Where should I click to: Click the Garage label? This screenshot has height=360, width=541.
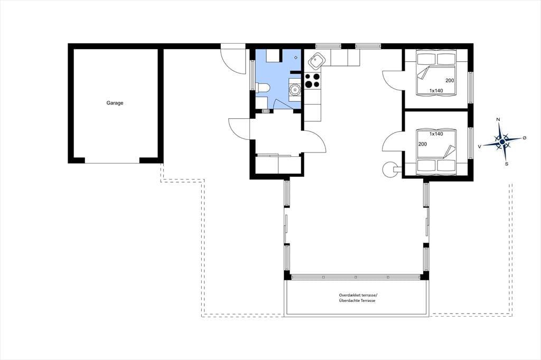pos(115,103)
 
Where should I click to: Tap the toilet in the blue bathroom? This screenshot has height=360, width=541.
pos(263,88)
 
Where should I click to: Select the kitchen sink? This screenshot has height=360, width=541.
pos(316,61)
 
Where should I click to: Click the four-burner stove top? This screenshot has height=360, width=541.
pos(312,81)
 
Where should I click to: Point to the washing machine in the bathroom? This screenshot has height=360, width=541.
pos(295,89)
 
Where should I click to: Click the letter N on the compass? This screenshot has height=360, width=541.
pos(498,119)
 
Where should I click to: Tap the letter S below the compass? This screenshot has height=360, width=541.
pos(507,164)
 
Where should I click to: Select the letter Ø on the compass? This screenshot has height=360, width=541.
pos(525,138)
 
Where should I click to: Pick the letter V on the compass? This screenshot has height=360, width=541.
pos(479,147)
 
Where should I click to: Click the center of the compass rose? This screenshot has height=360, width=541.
pos(502,141)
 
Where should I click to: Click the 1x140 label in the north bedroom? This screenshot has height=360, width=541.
pos(436,91)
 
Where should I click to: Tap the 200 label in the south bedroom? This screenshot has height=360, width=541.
pos(422,144)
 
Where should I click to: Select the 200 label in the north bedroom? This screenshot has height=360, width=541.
pos(450,81)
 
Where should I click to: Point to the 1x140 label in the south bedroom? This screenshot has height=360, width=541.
pos(436,134)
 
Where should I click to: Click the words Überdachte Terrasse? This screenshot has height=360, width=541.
pos(357,301)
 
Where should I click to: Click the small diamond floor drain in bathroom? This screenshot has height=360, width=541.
pos(296,58)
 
